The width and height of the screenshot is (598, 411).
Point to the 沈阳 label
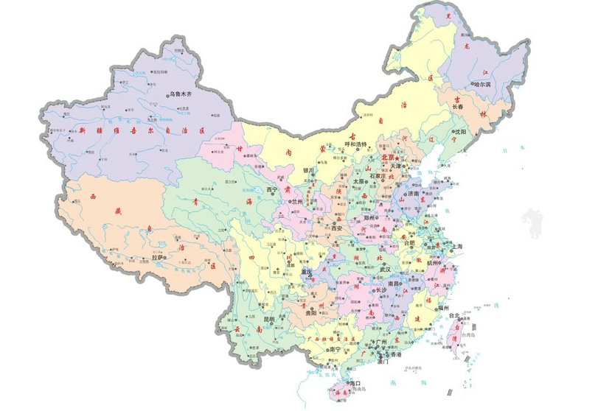tap(460, 131)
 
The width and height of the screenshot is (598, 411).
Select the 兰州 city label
tap(298, 200)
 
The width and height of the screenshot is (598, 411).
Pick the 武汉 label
tap(385, 269)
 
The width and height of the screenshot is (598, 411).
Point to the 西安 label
tap(338, 229)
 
